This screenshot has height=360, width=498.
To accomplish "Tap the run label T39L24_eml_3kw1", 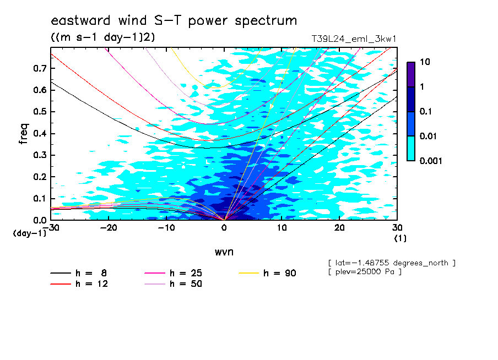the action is pyautogui.click(x=354, y=39).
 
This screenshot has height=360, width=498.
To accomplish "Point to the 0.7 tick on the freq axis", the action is pyautogui.click(x=40, y=68).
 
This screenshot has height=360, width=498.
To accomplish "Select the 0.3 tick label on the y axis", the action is pyautogui.click(x=40, y=155).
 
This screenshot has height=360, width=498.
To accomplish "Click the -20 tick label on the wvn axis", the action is pyautogui.click(x=109, y=228).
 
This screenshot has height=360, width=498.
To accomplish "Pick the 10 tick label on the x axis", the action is pyautogui.click(x=282, y=228).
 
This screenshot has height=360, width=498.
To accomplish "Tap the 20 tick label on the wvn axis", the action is pyautogui.click(x=339, y=228).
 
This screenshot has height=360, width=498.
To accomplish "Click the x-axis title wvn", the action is pyautogui.click(x=224, y=252).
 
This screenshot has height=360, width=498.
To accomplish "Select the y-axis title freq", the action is pyautogui.click(x=24, y=134).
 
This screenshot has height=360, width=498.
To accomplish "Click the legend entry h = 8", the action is pyautogui.click(x=78, y=273).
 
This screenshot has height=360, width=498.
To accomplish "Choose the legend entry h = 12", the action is pyautogui.click(x=79, y=284).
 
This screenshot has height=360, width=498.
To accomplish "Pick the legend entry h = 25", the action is pyautogui.click(x=174, y=273).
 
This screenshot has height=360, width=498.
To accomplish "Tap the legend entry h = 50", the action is pyautogui.click(x=174, y=284).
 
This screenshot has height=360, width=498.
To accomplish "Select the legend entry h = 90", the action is pyautogui.click(x=267, y=273).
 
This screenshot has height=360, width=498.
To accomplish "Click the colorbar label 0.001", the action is pyautogui.click(x=431, y=161).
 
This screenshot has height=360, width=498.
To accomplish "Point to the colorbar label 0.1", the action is pyautogui.click(x=426, y=111).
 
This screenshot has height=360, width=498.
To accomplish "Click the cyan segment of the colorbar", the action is pyautogui.click(x=411, y=149).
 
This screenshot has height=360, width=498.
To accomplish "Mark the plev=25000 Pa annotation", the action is pyautogui.click(x=365, y=272).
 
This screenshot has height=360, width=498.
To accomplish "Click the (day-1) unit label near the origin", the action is pyautogui.click(x=29, y=233).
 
